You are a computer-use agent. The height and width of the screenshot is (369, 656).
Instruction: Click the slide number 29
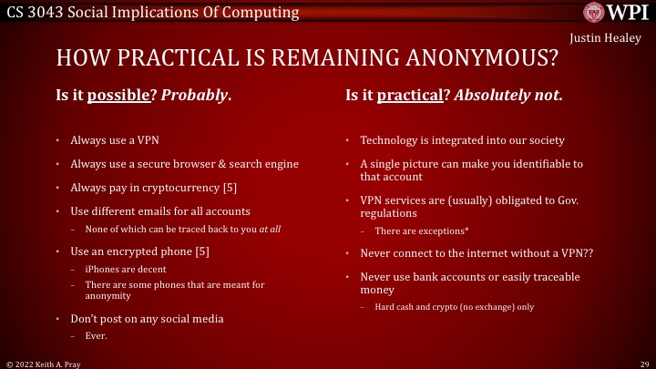[x=642, y=363]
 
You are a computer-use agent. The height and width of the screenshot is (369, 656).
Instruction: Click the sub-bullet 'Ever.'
[x=96, y=335]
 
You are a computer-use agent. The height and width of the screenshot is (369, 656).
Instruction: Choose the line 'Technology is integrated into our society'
[x=462, y=140]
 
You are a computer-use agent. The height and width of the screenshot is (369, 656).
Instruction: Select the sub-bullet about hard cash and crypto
[x=454, y=307]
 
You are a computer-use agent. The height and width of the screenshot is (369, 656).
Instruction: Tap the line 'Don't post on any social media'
[x=147, y=319]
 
